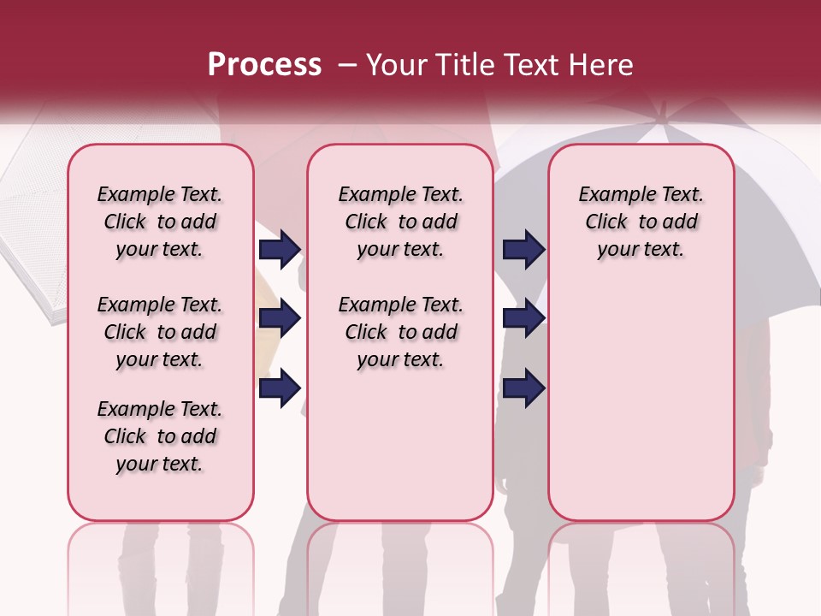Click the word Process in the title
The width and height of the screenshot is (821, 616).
pos(264,65)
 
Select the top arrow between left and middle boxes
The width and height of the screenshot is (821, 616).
pos(280,250)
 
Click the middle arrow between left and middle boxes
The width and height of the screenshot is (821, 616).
pos(280,319)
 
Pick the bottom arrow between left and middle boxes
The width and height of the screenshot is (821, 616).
pos(280,388)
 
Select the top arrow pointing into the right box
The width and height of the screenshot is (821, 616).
pos(523,250)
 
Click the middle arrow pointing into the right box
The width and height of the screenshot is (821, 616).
pos(523,319)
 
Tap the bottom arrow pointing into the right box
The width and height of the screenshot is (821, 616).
pos(523,388)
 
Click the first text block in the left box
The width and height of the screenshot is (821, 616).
pos(160,222)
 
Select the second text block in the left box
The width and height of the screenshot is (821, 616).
pos(160,332)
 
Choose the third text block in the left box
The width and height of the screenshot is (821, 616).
pos(160,436)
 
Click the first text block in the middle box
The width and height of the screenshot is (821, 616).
pos(400,222)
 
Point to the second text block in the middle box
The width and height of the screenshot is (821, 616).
pos(400,332)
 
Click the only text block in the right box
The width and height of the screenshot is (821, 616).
pos(641,222)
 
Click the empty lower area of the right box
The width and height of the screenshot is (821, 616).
pos(641,394)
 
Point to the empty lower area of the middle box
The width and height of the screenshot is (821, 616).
pos(400,445)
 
